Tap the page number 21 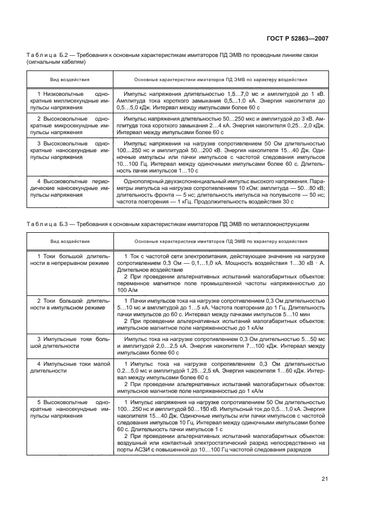tap(324, 479)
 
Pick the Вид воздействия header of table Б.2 tap(70, 80)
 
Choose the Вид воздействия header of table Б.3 tap(70, 241)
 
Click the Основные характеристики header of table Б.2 tap(220, 80)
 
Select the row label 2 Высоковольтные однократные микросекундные tap(70, 126)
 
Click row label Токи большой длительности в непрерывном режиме tap(70, 260)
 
